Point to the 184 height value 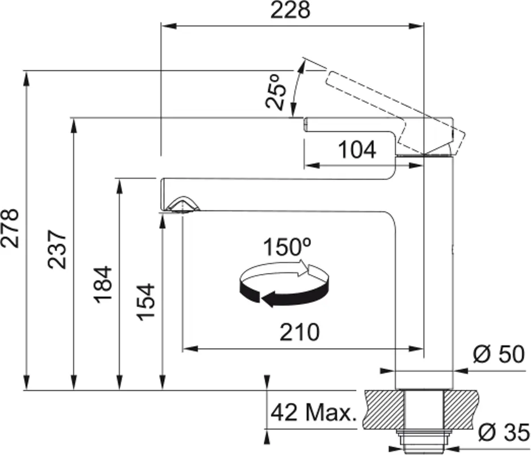(103, 284)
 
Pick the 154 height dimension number (147, 301)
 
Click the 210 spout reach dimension (300, 332)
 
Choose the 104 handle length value (357, 150)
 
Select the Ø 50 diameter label (499, 355)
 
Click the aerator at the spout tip (182, 205)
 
